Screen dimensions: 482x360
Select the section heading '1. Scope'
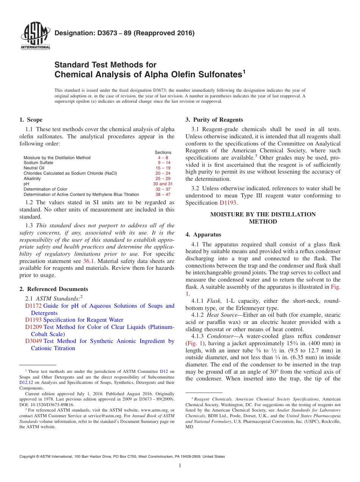(31, 120)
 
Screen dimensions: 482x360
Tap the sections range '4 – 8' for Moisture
(163, 158)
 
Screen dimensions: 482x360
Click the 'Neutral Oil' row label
(34, 168)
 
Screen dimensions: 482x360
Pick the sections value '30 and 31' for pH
(163, 184)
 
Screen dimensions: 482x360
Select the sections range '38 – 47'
(163, 194)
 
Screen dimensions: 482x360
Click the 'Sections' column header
(163, 152)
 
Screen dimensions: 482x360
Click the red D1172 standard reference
(33, 306)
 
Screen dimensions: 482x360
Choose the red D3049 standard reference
(33, 341)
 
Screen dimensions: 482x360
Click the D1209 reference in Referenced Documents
(33, 327)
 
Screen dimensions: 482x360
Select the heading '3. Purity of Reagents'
(214, 120)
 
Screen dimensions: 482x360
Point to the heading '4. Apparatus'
(203, 235)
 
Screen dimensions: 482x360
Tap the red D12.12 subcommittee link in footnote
(26, 382)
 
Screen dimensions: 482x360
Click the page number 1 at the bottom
(180, 465)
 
